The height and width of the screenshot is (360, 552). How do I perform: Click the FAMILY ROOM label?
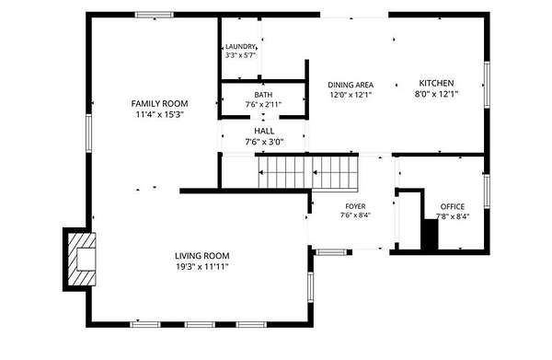159,103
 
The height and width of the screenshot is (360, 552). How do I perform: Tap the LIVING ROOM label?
202,256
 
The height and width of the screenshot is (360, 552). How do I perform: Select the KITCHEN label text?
436,83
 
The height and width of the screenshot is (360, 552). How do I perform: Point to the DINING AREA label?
351,85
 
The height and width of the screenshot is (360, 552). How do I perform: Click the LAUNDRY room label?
240,47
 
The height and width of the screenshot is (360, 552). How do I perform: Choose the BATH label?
263,95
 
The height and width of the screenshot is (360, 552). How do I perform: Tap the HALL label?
264,131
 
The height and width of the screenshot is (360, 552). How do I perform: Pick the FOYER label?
355,206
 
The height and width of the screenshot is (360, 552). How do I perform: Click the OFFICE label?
453,206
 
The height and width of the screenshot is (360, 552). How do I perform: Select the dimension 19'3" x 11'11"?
202,267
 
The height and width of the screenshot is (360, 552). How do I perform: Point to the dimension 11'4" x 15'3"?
160,115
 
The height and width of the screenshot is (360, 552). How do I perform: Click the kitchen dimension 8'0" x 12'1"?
436,94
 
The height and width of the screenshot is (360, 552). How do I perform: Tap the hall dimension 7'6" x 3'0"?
264,142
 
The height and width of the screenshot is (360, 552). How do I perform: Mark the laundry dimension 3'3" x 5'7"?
240,55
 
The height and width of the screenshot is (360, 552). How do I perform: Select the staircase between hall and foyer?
308,172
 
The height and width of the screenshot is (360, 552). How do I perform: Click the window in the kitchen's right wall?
487,85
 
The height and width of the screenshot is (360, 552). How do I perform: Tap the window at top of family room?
155,15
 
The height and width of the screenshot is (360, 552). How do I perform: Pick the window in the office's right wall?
487,192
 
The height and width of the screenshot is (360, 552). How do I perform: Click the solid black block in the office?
431,235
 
